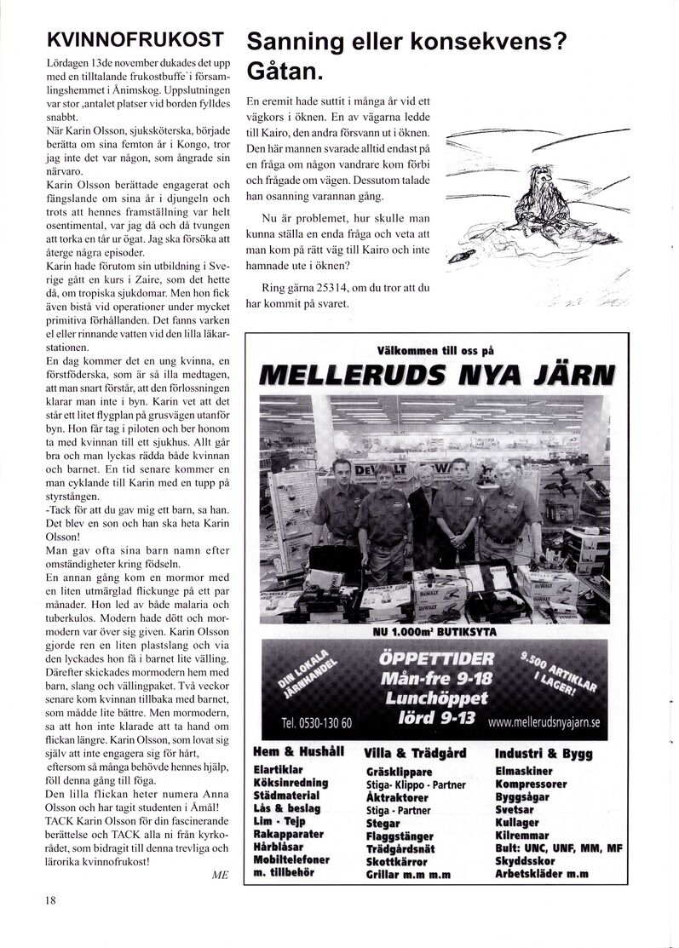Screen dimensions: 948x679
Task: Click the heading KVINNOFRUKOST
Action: click(135, 38)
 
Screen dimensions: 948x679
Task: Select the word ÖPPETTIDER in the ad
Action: click(437, 658)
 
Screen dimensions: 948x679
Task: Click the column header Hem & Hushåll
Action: click(298, 752)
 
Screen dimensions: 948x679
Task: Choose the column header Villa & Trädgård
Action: click(415, 753)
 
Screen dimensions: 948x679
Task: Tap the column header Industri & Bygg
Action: click(543, 753)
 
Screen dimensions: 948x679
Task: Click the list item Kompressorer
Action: click(530, 784)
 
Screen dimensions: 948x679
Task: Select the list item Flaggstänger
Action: click(399, 836)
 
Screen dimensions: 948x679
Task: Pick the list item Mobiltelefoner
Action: click(291, 859)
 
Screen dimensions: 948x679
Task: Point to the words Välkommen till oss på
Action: click(436, 349)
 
